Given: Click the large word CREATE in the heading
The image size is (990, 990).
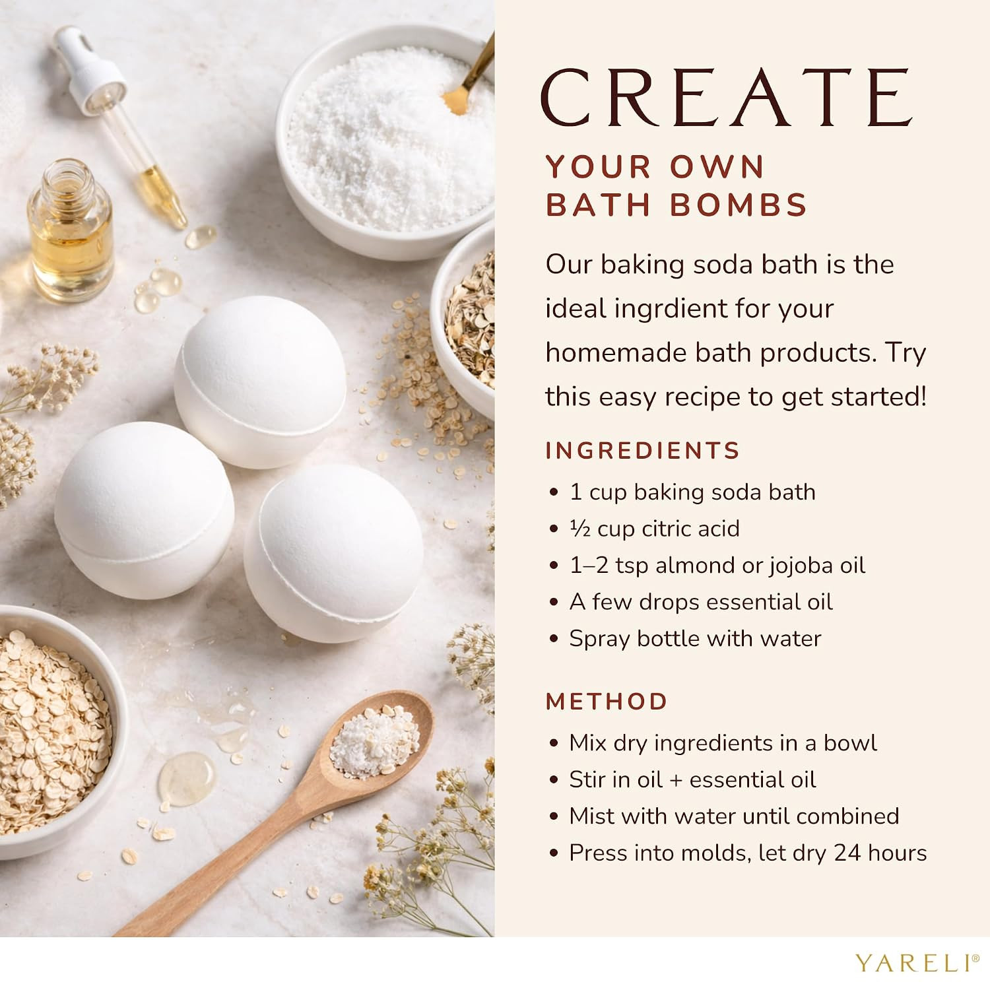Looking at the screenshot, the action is click(727, 98).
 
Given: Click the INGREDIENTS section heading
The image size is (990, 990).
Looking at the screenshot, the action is click(643, 450).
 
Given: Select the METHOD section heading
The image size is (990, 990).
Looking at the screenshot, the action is click(607, 701).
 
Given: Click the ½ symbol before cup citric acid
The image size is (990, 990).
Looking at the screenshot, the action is click(579, 529).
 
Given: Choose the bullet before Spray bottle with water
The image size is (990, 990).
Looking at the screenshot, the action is click(554, 640).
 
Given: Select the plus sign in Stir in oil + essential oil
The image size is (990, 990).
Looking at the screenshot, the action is click(675, 781).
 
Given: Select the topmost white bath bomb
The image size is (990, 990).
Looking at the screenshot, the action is click(260, 382).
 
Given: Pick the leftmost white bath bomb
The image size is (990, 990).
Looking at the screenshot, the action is click(144, 510).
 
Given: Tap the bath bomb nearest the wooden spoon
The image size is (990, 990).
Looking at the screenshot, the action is click(333, 553).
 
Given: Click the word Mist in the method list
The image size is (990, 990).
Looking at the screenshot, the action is click(591, 816).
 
